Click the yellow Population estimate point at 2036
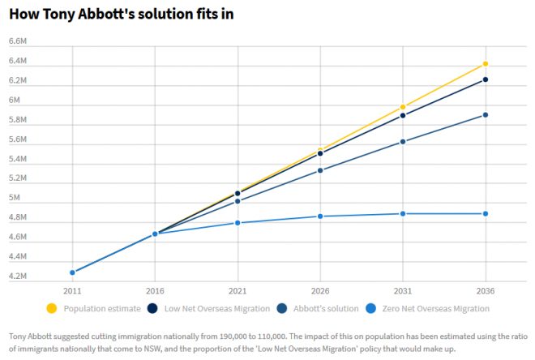click(486, 63)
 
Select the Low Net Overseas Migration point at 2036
click(486, 79)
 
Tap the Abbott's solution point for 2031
click(403, 142)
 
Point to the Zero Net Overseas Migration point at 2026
click(320, 216)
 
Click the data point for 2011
click(72, 272)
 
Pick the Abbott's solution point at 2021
click(238, 201)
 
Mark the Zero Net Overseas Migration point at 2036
click(486, 213)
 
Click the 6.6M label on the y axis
click(19, 41)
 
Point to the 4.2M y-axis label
click(19, 276)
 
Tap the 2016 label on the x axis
click(155, 290)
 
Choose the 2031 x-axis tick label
click(403, 290)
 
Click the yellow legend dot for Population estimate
click(53, 308)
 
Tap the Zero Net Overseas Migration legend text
click(438, 309)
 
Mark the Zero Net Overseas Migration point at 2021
click(238, 222)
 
